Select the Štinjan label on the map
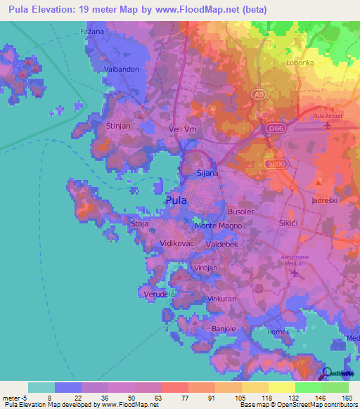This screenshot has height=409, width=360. [x=118, y=124]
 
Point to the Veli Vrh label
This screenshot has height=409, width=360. [x=186, y=129]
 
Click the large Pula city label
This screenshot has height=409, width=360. [x=176, y=200]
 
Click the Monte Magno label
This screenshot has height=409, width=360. [x=218, y=226]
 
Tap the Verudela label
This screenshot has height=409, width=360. [x=160, y=293]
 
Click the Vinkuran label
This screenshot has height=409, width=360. [x=221, y=299]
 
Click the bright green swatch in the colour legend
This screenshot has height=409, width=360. [x=308, y=387]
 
